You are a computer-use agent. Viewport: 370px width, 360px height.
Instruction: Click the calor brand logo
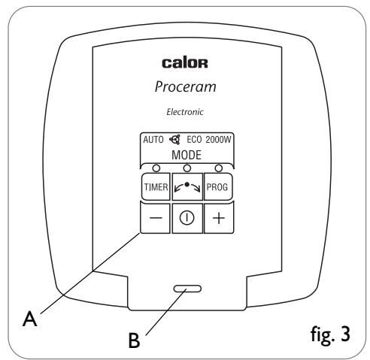(185, 63)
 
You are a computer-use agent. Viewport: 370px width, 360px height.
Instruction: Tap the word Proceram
(186, 86)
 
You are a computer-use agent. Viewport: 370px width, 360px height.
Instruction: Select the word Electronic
(185, 112)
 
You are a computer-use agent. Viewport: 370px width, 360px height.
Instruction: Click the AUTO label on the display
(153, 140)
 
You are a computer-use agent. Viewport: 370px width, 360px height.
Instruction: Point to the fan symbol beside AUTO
(175, 140)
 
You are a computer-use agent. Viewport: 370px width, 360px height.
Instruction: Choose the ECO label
(194, 140)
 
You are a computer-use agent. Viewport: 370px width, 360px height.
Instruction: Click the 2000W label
(218, 140)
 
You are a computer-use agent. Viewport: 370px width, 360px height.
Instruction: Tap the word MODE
(187, 155)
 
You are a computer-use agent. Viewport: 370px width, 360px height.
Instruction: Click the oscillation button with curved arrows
(187, 186)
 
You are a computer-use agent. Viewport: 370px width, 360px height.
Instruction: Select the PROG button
(218, 186)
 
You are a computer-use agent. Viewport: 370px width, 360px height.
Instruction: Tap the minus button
(156, 218)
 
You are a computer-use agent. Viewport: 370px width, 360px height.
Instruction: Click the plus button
(219, 218)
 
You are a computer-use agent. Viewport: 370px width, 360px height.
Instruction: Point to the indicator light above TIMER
(156, 168)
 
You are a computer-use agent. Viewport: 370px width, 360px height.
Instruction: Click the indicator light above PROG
(219, 168)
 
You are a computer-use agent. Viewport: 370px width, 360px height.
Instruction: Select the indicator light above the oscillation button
(187, 168)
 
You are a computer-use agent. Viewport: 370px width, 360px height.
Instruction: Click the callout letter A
(30, 319)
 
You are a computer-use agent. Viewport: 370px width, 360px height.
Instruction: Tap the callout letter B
(134, 340)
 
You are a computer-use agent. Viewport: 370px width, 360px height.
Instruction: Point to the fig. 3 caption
(330, 334)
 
